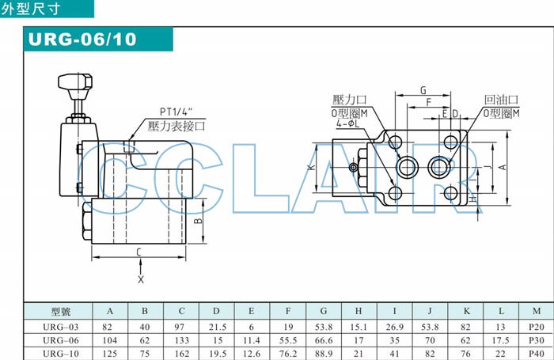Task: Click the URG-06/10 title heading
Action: [x=82, y=39]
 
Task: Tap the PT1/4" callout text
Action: [x=176, y=112]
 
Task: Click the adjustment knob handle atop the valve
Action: [x=75, y=81]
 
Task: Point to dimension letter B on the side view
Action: [x=199, y=221]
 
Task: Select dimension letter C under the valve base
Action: [x=138, y=252]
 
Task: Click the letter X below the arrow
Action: [x=141, y=280]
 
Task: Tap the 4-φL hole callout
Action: [x=347, y=123]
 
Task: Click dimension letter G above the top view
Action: [x=423, y=90]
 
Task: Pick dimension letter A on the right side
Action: [x=503, y=167]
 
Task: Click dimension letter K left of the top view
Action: [x=311, y=167]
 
